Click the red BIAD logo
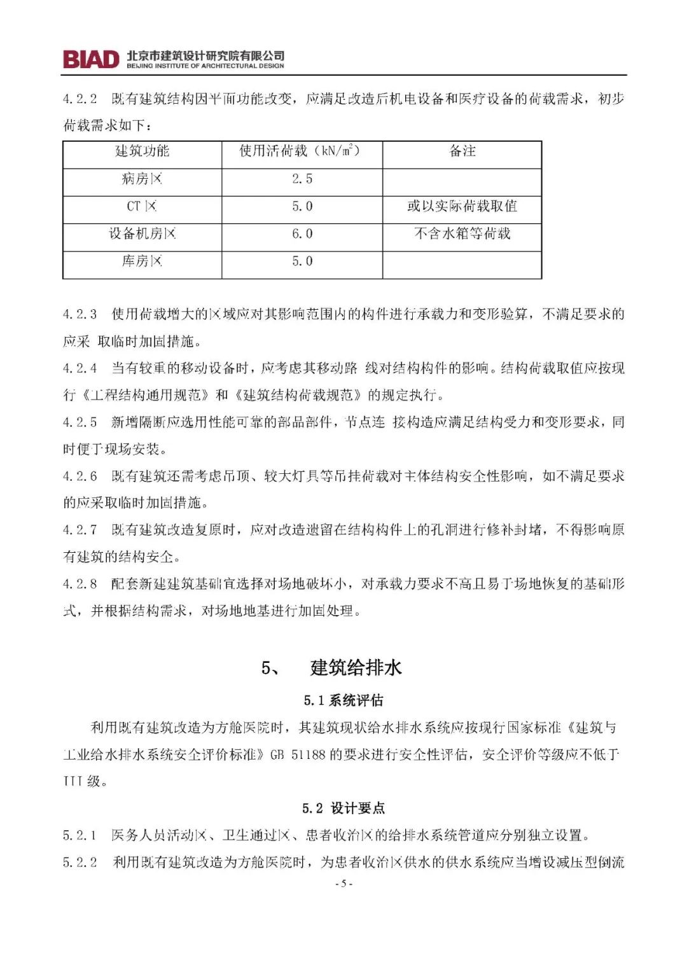coord(91,59)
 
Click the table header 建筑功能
coord(142,151)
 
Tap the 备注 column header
coord(462,151)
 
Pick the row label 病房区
coord(142,179)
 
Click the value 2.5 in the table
coord(302,179)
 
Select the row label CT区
coord(141,206)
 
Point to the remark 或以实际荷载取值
coord(462,206)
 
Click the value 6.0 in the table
coord(302,234)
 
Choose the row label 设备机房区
coord(142,234)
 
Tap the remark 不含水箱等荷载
coord(462,234)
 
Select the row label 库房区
coord(142,261)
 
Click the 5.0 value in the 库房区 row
coord(302,261)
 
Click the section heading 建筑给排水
coord(356,668)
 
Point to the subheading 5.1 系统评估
coord(343,701)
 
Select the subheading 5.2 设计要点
coord(343,809)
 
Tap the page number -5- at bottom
coord(343,884)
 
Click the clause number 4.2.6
coord(80,476)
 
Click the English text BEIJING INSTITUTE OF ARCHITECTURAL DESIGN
coord(205,66)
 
